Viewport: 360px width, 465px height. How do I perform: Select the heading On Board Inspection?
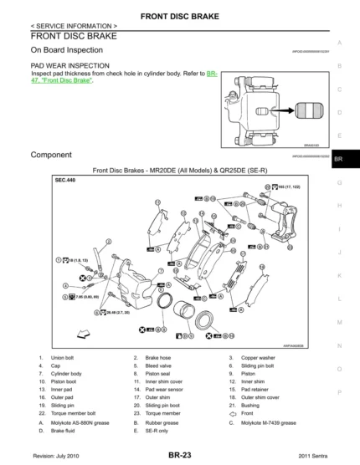[x=66, y=50]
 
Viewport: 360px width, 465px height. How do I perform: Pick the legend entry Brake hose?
[x=157, y=358]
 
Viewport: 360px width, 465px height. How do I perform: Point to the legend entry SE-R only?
[x=157, y=431]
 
